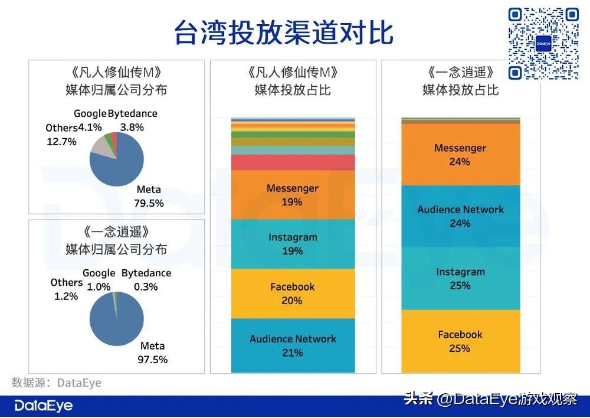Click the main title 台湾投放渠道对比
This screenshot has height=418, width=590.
point(283,33)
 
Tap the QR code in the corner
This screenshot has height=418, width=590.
point(543,44)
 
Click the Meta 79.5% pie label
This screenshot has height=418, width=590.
point(149,197)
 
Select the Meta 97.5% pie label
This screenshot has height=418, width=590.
point(153,352)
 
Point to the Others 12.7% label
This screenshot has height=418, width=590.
point(61,135)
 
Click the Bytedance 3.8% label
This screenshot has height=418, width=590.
point(132,120)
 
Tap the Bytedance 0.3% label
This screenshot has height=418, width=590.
point(146,279)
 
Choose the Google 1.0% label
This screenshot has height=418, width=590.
point(99,279)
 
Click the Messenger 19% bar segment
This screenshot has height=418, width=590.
point(293,195)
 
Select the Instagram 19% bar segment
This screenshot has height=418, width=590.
point(293,244)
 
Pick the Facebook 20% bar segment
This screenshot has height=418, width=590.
point(293,293)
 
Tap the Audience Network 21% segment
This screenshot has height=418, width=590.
point(293,345)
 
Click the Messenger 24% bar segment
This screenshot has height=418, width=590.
point(460,155)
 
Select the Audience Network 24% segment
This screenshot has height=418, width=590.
point(460,216)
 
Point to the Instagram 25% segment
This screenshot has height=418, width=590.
point(460,278)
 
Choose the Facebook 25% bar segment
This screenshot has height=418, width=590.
point(460,341)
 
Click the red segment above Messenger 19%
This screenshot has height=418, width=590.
point(293,162)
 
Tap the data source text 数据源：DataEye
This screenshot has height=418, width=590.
point(57,383)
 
